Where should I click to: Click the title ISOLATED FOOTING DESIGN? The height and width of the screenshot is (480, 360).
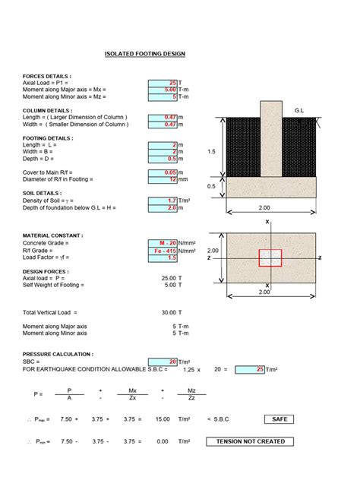(144, 54)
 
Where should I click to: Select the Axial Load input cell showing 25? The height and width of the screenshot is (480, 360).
(163, 82)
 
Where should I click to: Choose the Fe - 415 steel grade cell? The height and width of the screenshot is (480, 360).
(163, 250)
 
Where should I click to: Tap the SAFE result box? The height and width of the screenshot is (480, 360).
(279, 418)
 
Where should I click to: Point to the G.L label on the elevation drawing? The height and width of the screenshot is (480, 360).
(298, 111)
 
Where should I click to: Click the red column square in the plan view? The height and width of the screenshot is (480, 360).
(270, 257)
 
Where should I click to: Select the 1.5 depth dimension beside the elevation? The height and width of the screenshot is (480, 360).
(211, 152)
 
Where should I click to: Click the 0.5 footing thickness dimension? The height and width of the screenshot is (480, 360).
(211, 186)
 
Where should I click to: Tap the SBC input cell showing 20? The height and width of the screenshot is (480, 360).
(163, 362)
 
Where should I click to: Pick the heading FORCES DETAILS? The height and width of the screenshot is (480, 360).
(47, 76)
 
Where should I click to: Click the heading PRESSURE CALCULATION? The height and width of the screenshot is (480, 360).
(58, 355)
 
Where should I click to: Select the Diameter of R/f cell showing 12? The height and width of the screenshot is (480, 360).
(163, 179)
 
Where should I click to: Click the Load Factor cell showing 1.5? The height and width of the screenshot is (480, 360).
(163, 257)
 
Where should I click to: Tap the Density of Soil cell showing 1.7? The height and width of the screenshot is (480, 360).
(163, 201)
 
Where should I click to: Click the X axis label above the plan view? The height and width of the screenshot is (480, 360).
(268, 222)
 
